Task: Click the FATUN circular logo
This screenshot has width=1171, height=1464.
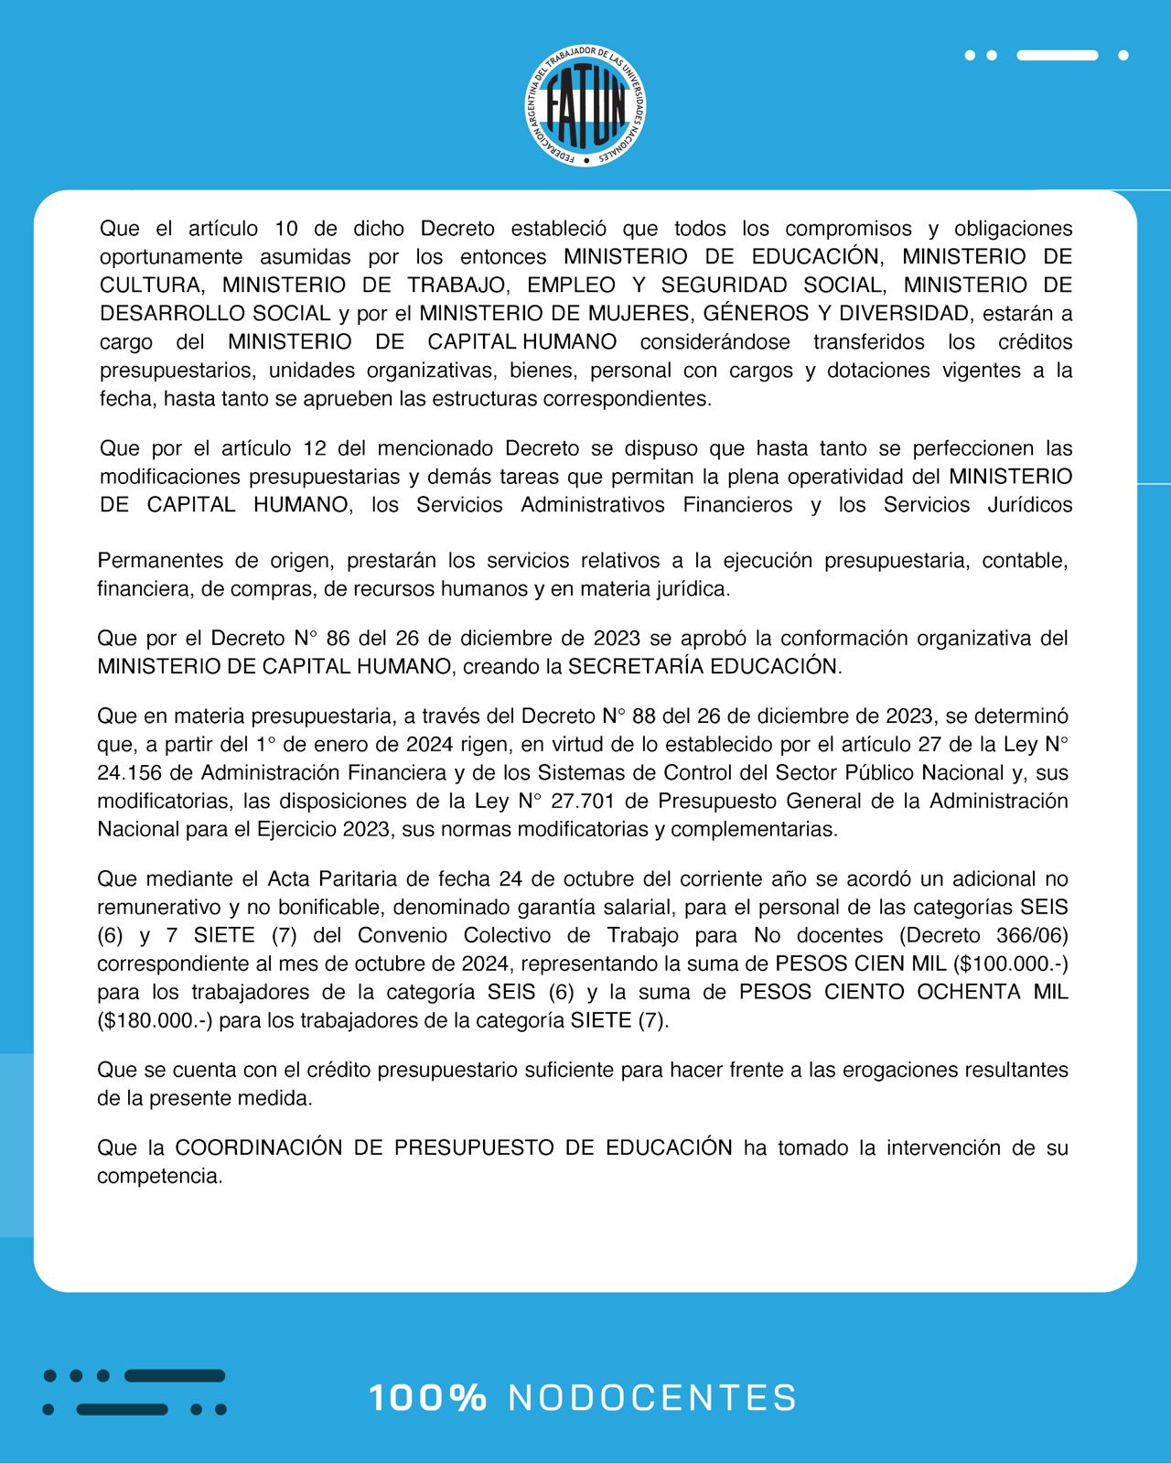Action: [x=585, y=106]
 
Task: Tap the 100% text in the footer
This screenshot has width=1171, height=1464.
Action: [x=427, y=1397]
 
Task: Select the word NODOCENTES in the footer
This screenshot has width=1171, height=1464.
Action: [x=652, y=1397]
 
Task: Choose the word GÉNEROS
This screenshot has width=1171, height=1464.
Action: [x=757, y=313]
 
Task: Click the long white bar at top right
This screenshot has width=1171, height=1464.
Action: [x=1057, y=55]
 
